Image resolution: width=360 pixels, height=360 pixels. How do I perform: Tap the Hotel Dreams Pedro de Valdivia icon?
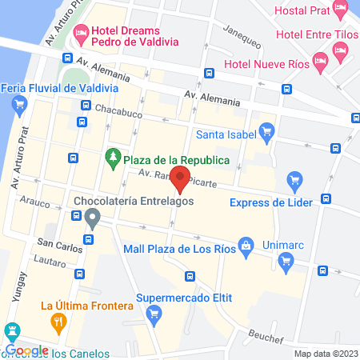click(80, 34)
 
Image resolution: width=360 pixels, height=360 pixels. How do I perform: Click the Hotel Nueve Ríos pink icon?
click(320, 60)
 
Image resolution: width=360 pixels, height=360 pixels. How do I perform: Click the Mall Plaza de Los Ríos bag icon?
click(247, 246)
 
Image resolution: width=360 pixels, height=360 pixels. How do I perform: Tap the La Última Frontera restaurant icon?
click(58, 322)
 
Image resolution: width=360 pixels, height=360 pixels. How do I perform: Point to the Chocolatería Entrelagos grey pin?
click(93, 216)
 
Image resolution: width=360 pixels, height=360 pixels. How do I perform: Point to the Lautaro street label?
click(50, 262)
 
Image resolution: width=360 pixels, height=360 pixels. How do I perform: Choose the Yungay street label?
click(21, 286)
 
